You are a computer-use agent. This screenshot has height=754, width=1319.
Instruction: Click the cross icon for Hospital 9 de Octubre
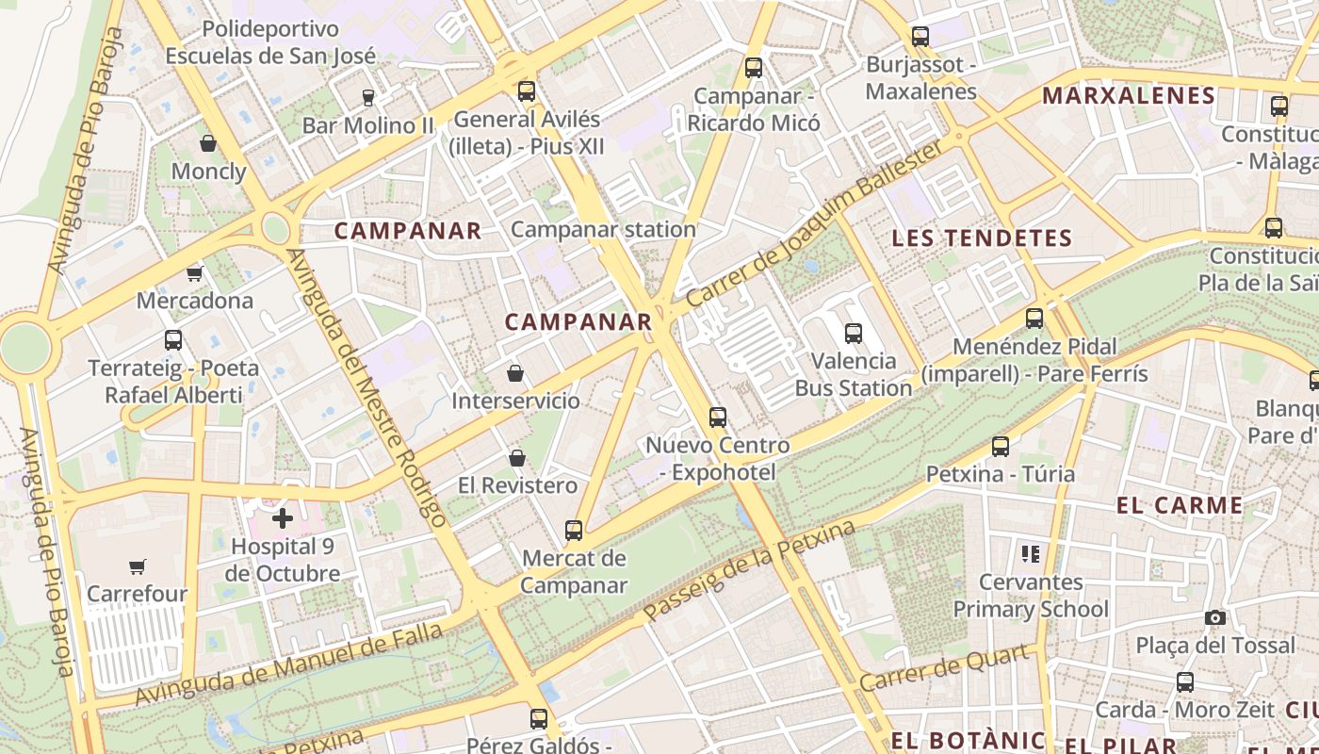click(283, 517)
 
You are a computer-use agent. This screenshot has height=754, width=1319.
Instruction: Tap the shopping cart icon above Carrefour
click(138, 566)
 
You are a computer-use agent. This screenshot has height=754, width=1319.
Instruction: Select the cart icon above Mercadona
click(194, 273)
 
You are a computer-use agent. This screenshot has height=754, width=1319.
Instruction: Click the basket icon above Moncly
click(208, 143)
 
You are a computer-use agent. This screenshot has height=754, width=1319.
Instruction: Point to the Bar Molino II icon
click(367, 97)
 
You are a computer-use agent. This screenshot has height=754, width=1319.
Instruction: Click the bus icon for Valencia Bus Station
click(854, 333)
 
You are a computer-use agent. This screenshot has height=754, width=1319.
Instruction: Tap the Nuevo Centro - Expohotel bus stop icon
click(718, 417)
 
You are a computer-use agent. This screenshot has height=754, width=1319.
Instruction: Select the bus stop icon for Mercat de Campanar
click(574, 530)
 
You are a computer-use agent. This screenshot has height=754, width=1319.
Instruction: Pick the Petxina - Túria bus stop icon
click(1001, 446)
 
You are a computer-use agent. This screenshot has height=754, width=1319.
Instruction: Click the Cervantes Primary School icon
click(1030, 553)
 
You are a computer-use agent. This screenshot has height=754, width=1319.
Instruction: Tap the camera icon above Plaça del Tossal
click(1215, 617)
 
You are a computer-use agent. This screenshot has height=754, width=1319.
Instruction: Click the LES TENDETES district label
click(982, 238)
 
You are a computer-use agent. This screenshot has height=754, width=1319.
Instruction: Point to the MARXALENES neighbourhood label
click(1129, 95)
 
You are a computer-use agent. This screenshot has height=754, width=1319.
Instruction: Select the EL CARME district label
click(1180, 505)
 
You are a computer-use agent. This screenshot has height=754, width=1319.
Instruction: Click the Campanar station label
click(603, 229)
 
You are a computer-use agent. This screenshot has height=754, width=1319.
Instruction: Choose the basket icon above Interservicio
click(515, 373)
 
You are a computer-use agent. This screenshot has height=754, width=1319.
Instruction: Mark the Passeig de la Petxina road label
click(749, 570)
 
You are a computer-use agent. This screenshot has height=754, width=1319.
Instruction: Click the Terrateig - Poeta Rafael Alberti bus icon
click(173, 340)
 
